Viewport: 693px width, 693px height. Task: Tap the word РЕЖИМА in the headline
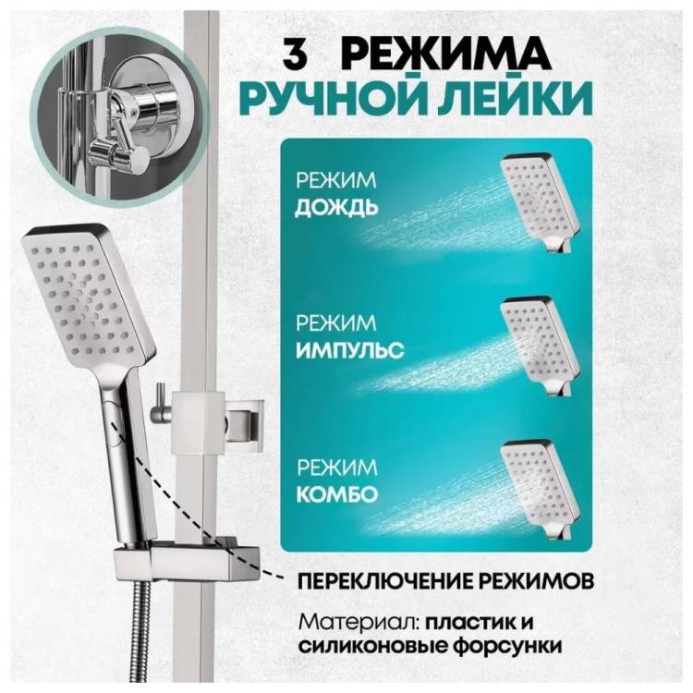[445, 54]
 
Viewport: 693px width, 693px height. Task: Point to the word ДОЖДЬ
[336, 208]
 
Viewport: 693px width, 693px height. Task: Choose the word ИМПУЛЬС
[349, 351]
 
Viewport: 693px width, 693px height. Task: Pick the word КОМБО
[337, 494]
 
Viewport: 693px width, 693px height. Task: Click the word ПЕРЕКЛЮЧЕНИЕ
[384, 580]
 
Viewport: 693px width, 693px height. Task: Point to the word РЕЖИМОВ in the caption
[536, 580]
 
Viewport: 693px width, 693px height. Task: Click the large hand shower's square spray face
[86, 293]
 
